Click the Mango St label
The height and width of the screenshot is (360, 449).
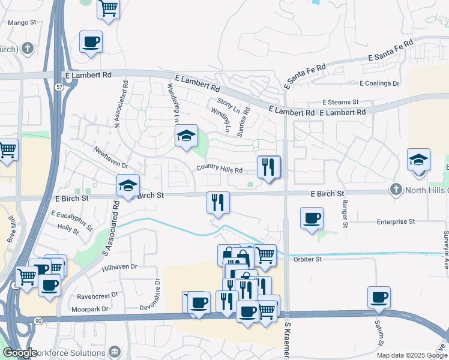click(x=21, y=22)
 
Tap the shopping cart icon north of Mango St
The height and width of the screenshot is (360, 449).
click(x=108, y=9)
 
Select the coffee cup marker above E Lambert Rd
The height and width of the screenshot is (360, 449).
click(x=91, y=42)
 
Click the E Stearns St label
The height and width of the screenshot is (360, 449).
click(x=340, y=103)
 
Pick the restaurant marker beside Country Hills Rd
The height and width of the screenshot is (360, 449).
click(x=268, y=166)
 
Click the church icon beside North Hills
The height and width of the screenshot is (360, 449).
click(x=395, y=190)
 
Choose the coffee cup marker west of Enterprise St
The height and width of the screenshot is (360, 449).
click(x=311, y=219)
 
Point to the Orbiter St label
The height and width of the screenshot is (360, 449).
click(x=309, y=259)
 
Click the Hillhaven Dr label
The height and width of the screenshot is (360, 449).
click(x=120, y=267)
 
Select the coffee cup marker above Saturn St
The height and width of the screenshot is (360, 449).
click(x=379, y=298)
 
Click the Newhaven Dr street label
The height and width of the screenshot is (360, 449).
click(x=111, y=157)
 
